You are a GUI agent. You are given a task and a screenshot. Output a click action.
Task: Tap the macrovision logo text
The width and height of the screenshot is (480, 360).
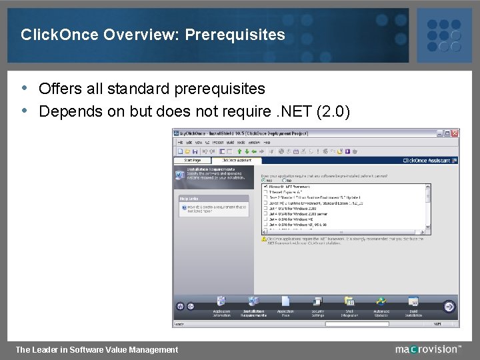tap(427, 349)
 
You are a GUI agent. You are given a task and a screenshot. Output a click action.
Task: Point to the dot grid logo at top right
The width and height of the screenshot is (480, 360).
tap(443, 35)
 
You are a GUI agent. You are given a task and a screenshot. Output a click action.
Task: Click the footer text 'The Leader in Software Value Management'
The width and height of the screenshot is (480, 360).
tap(97, 349)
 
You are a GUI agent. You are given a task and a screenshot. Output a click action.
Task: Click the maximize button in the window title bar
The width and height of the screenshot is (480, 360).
tap(447, 133)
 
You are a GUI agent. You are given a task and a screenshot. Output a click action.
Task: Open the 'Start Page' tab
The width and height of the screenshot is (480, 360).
tap(192, 161)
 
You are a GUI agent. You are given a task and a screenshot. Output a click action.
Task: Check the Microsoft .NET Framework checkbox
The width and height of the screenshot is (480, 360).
tap(265, 186)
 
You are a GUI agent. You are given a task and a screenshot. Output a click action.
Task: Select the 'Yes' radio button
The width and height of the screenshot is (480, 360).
tap(265, 179)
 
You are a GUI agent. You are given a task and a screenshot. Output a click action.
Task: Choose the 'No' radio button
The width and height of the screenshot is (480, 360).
tap(285, 179)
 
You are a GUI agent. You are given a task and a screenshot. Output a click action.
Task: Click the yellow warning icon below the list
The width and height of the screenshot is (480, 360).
tap(265, 239)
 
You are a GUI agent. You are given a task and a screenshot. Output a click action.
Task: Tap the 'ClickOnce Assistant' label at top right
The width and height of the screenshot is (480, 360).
tap(427, 161)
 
